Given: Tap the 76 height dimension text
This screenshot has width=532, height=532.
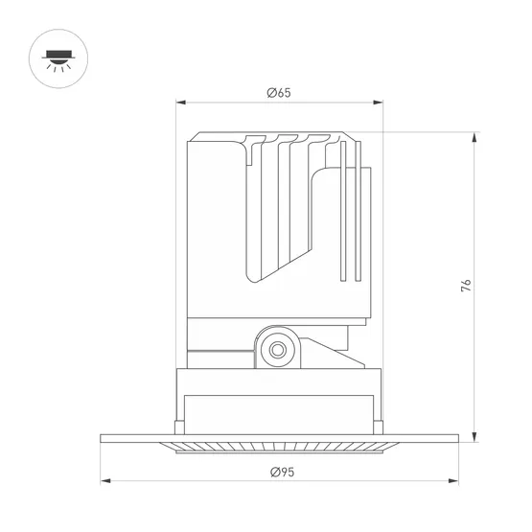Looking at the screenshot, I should coord(467,286).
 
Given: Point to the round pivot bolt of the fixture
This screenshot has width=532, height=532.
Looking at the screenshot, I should coord(279,349).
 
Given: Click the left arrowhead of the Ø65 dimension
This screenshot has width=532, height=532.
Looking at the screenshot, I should coord(179,103).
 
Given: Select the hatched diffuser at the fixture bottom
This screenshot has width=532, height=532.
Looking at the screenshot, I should coord(279,446).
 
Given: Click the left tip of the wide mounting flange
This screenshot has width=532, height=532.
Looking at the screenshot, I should coord(103,439).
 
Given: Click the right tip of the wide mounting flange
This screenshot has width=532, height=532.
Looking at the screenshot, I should coord(457,439).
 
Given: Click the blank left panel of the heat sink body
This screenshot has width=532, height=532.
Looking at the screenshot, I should coord(216,230).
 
